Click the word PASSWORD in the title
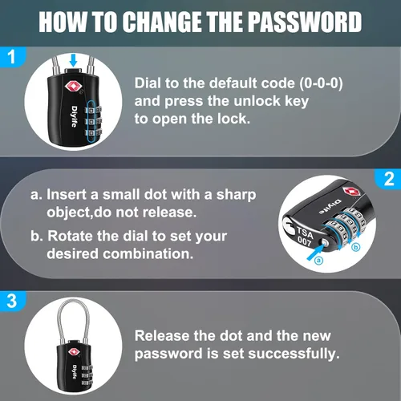click(305, 22)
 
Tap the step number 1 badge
click(12, 57)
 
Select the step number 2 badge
click(388, 179)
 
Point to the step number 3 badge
click(12, 301)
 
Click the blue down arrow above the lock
click(73, 61)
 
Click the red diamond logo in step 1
click(72, 87)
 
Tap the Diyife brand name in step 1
click(75, 116)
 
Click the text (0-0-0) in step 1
click(321, 83)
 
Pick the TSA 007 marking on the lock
click(305, 237)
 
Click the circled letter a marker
click(318, 260)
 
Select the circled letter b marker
click(356, 247)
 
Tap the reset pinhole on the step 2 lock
click(325, 243)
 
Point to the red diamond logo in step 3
click(74, 352)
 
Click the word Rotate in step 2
click(70, 236)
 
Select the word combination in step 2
click(148, 253)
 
